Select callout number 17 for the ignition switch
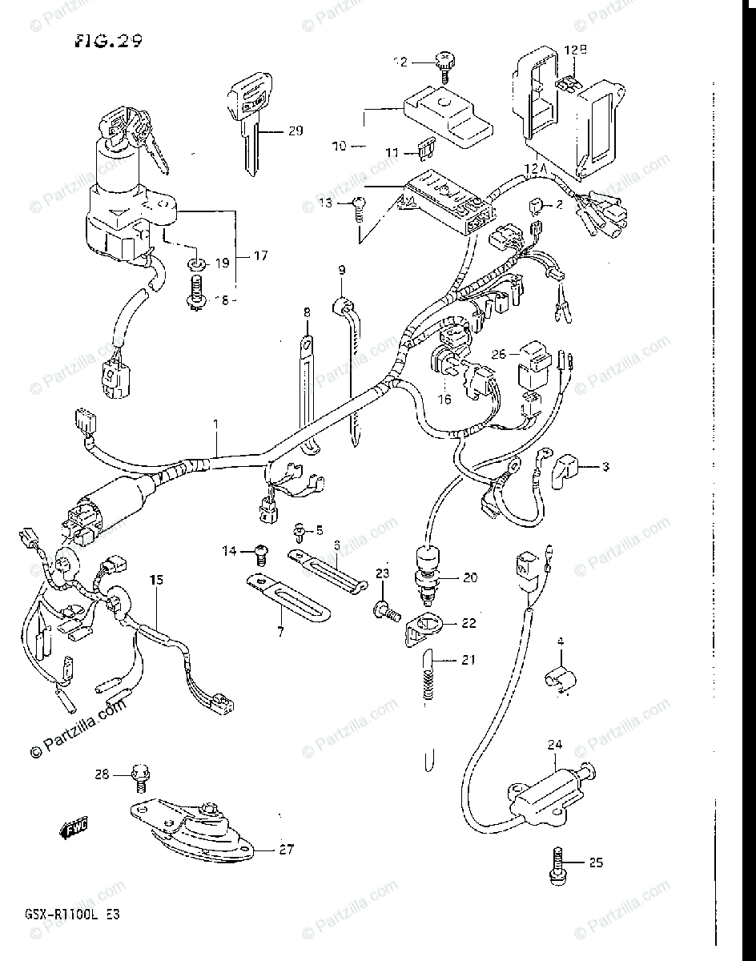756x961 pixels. [x=260, y=256]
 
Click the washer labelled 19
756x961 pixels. [x=195, y=263]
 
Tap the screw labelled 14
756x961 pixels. [x=260, y=550]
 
